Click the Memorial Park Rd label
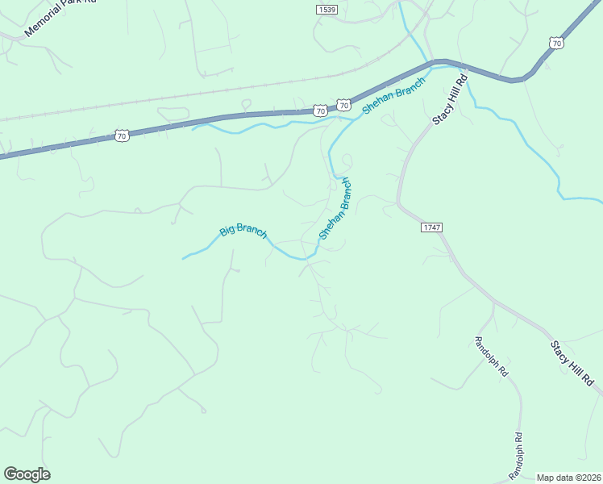point(60,18)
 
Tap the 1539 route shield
point(326,8)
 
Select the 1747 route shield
point(431,228)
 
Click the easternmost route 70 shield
point(554,42)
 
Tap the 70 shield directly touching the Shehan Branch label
point(344,106)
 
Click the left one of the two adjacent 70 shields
point(321,111)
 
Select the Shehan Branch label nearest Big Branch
point(335,208)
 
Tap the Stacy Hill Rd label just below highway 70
point(451,99)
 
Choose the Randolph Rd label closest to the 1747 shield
point(490,357)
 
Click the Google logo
point(27,474)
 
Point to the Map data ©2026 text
point(568,478)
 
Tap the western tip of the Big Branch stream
point(184,258)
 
